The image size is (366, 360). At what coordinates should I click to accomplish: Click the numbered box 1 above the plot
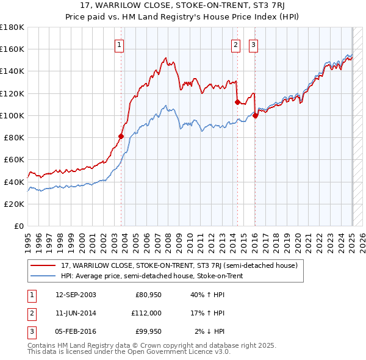119,44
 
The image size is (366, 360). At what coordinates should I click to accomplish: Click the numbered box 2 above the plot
235,44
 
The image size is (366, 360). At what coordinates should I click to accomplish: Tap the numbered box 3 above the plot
253,44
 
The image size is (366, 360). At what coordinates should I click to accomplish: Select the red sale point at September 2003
121,137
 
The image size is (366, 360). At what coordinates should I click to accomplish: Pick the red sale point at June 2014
237,103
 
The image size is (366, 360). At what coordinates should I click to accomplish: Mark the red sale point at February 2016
255,116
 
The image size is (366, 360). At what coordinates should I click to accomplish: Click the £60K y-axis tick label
13,160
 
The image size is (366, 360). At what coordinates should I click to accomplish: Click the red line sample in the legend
43,266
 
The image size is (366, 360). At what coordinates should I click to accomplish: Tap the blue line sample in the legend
43,276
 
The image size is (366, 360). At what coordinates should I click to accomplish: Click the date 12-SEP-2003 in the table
75,295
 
